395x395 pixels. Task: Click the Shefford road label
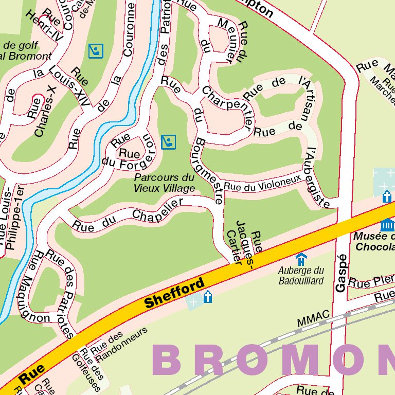pyautogui.click(x=174, y=293)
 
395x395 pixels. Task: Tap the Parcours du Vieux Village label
pyautogui.click(x=164, y=183)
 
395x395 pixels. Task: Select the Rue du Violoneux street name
pyautogui.click(x=262, y=184)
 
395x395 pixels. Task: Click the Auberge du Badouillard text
pyautogui.click(x=301, y=275)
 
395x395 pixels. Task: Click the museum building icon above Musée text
pyautogui.click(x=387, y=224)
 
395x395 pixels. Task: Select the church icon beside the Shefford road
pyautogui.click(x=207, y=297)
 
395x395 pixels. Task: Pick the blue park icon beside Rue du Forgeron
pyautogui.click(x=168, y=141)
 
